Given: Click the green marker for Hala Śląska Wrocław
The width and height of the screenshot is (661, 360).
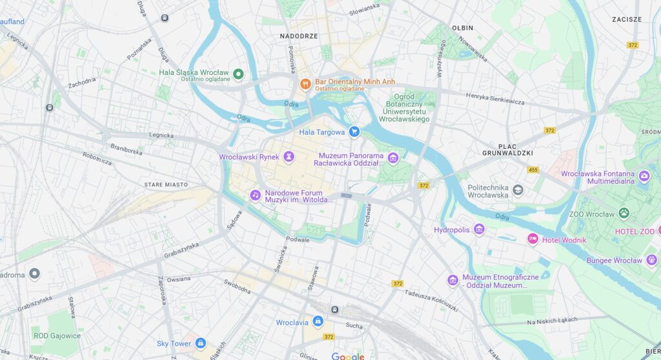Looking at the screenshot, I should (x=238, y=74).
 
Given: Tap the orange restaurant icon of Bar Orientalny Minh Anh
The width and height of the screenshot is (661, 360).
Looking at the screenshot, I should (x=305, y=84).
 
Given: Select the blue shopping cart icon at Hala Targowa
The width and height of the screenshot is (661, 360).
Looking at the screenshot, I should (x=354, y=132).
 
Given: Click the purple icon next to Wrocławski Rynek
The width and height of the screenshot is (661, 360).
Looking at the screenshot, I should (x=289, y=156).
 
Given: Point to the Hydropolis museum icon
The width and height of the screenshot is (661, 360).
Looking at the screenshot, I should (x=479, y=229).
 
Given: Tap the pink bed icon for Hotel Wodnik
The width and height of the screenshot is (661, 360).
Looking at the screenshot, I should (x=533, y=239).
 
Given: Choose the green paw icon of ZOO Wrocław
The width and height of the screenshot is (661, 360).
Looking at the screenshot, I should (x=624, y=213).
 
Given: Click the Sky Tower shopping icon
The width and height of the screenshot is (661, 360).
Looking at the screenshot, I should (x=200, y=343).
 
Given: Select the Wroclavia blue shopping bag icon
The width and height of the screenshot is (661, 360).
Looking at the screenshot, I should (x=318, y=321).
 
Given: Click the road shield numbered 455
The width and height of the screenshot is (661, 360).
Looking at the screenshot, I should (x=533, y=170).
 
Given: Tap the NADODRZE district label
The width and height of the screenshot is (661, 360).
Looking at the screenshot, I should (x=299, y=36).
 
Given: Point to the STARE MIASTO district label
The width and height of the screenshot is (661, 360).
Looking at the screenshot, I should (x=166, y=185).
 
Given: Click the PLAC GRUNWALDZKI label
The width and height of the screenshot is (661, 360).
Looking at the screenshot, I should (x=507, y=150).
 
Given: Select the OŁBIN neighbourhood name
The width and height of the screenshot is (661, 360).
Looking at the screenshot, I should (x=462, y=28).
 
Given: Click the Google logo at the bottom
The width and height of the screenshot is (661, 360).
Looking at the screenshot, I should (x=348, y=355).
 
